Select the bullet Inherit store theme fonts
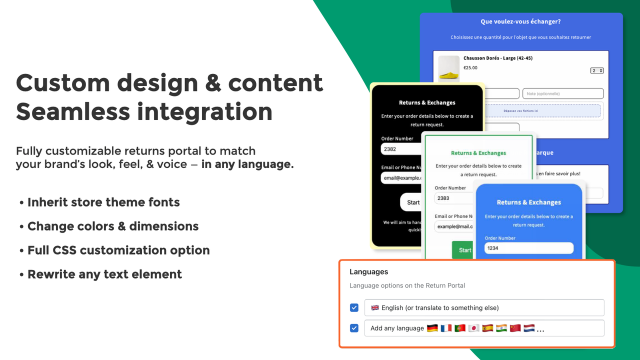103,202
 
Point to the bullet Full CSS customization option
118,250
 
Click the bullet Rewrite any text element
104,274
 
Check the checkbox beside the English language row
354,307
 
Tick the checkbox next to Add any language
354,328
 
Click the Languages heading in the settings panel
369,272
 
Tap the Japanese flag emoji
474,328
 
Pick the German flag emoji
432,328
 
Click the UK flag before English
375,307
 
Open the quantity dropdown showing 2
597,70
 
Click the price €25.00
470,68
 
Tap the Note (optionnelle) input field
563,93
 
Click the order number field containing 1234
528,248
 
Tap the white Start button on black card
412,202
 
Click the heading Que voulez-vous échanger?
520,22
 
